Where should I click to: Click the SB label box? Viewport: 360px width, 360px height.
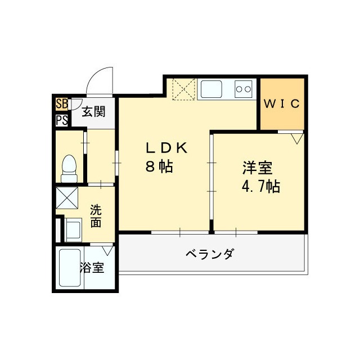(61, 105)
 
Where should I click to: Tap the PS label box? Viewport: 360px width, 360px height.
(61, 120)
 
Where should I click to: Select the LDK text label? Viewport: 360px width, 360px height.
(166, 148)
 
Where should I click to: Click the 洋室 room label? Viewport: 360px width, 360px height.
(258, 167)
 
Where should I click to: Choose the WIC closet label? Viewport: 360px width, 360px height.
(283, 104)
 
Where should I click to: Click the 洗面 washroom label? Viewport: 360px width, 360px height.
(96, 217)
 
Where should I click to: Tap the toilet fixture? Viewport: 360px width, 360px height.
(69, 167)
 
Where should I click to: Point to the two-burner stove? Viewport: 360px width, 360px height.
(244, 88)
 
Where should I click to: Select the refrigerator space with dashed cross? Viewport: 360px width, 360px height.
(184, 89)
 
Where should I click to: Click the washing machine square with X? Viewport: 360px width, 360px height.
(66, 198)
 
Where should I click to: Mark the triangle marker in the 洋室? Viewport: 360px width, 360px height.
(297, 137)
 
